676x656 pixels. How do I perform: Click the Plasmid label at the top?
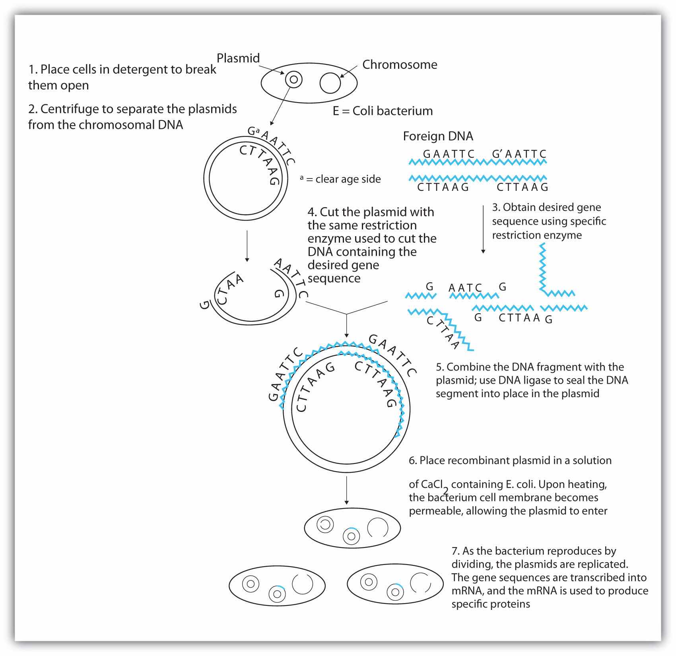point(238,58)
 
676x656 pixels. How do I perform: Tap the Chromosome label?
point(400,65)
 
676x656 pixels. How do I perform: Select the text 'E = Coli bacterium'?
point(383,111)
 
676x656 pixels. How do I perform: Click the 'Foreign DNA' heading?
point(438,136)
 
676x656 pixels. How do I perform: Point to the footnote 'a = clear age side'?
point(340,179)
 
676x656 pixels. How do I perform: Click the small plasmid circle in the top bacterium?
point(293,80)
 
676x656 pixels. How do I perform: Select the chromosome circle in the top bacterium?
point(330,83)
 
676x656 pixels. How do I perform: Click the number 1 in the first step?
point(32,70)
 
